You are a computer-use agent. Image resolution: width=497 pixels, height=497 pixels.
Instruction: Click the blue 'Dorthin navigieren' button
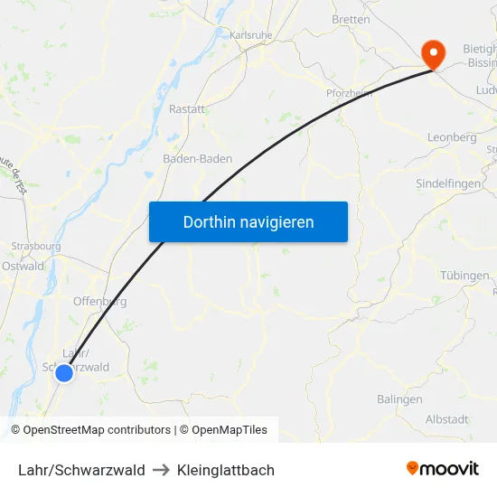[248, 221]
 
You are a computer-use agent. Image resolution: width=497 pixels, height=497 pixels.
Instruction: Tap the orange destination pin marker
[434, 52]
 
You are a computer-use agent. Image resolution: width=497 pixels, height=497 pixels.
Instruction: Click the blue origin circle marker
[63, 372]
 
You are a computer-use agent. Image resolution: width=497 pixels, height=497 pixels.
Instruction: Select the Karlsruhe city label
[251, 34]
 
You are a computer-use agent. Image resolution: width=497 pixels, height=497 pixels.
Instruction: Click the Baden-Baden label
[197, 158]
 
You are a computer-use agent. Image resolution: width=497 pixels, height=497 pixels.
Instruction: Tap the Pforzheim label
[350, 92]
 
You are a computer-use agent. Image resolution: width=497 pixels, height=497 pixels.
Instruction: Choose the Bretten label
[351, 19]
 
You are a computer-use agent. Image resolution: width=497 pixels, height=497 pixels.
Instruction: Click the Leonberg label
[451, 137]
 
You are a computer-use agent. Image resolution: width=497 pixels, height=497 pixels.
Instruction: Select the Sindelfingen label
[449, 183]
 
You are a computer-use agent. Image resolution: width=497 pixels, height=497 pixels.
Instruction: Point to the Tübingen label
[464, 276]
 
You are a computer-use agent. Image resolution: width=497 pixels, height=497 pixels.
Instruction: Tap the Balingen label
[399, 399]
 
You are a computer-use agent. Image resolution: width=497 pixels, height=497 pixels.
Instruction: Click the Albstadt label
[446, 419]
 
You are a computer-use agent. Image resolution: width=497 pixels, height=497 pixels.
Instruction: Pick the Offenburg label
[99, 302]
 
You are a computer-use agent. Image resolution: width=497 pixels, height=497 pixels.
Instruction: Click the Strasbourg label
[36, 246]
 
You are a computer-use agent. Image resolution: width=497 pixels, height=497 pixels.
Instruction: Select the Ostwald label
[23, 266]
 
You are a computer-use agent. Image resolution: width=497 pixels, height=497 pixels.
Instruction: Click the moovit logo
[443, 469]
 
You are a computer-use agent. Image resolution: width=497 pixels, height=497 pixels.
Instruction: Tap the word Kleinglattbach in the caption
[226, 470]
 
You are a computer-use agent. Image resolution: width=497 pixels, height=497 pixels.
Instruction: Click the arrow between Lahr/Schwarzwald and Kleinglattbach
[161, 470]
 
